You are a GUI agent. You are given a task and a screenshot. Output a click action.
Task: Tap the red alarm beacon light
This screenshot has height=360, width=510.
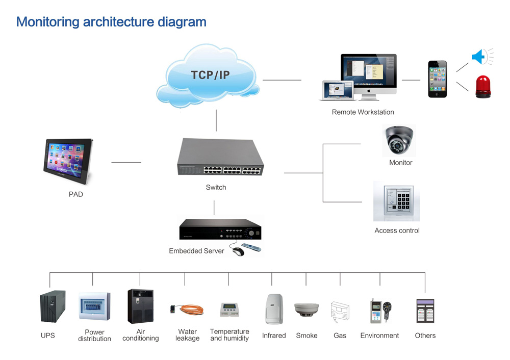[482, 86]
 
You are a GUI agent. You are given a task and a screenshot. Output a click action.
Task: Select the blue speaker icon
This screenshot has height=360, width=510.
[479, 57]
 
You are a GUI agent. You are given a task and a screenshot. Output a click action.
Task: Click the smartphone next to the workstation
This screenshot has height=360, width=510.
[437, 79]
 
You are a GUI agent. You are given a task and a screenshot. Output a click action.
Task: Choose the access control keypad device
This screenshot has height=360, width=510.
[397, 201]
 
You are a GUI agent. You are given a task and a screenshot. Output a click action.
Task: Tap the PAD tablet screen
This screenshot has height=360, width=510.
[68, 158]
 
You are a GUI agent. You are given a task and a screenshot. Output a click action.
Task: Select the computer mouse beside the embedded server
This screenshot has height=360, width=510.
[238, 251]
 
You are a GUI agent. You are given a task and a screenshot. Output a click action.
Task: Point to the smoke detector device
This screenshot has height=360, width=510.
[307, 310]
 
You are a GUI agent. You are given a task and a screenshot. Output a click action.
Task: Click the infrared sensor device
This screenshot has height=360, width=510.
[273, 308]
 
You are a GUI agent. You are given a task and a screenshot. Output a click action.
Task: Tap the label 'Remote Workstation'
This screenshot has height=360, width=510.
[363, 112]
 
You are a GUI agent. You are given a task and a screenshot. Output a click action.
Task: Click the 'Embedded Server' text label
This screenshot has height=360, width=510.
[196, 251]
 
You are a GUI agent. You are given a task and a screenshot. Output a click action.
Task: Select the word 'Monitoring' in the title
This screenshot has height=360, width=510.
[48, 22]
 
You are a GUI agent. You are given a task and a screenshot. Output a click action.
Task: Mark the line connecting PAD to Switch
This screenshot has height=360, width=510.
[126, 162]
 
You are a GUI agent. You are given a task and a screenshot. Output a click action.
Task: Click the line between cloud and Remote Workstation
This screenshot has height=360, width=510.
[282, 80]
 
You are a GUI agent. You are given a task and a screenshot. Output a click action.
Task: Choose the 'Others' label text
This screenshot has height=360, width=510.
[425, 336]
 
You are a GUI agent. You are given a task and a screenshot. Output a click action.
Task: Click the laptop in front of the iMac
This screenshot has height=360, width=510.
[337, 90]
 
